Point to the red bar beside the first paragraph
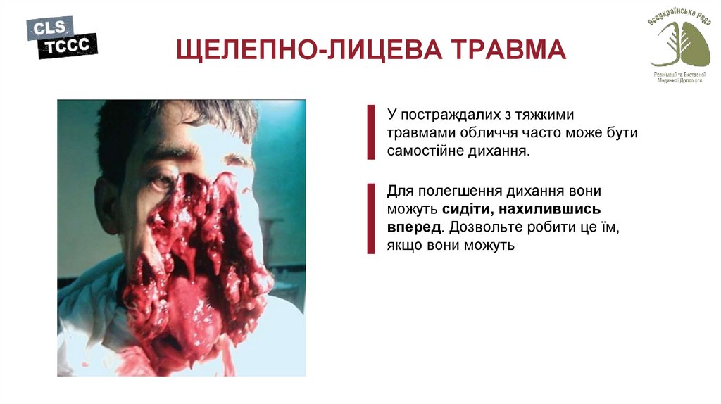click(370, 132)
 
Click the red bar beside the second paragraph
click(370, 218)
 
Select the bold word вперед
click(414, 227)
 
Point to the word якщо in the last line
click(401, 246)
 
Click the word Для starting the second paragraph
click(399, 191)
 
